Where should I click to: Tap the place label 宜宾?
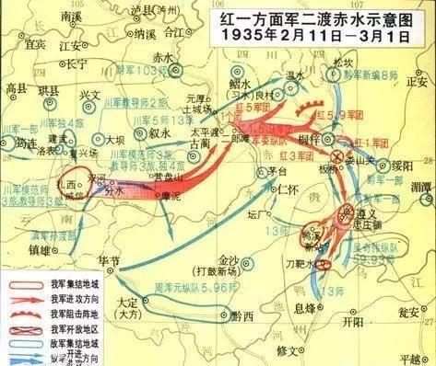coord(36,42)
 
